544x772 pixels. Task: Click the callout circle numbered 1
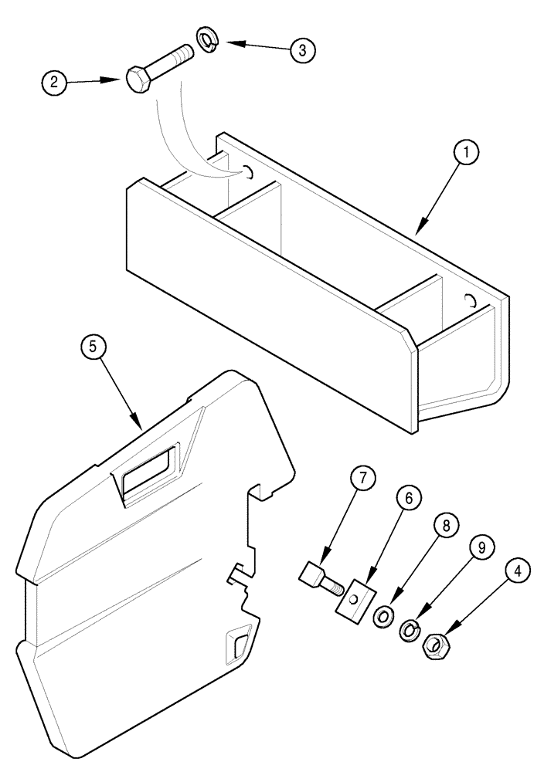(x=466, y=154)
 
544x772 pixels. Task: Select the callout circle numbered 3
(x=302, y=50)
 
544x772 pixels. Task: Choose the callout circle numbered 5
(x=93, y=347)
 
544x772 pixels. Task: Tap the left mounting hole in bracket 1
(x=249, y=172)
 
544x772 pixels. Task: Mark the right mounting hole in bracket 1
(x=470, y=300)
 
